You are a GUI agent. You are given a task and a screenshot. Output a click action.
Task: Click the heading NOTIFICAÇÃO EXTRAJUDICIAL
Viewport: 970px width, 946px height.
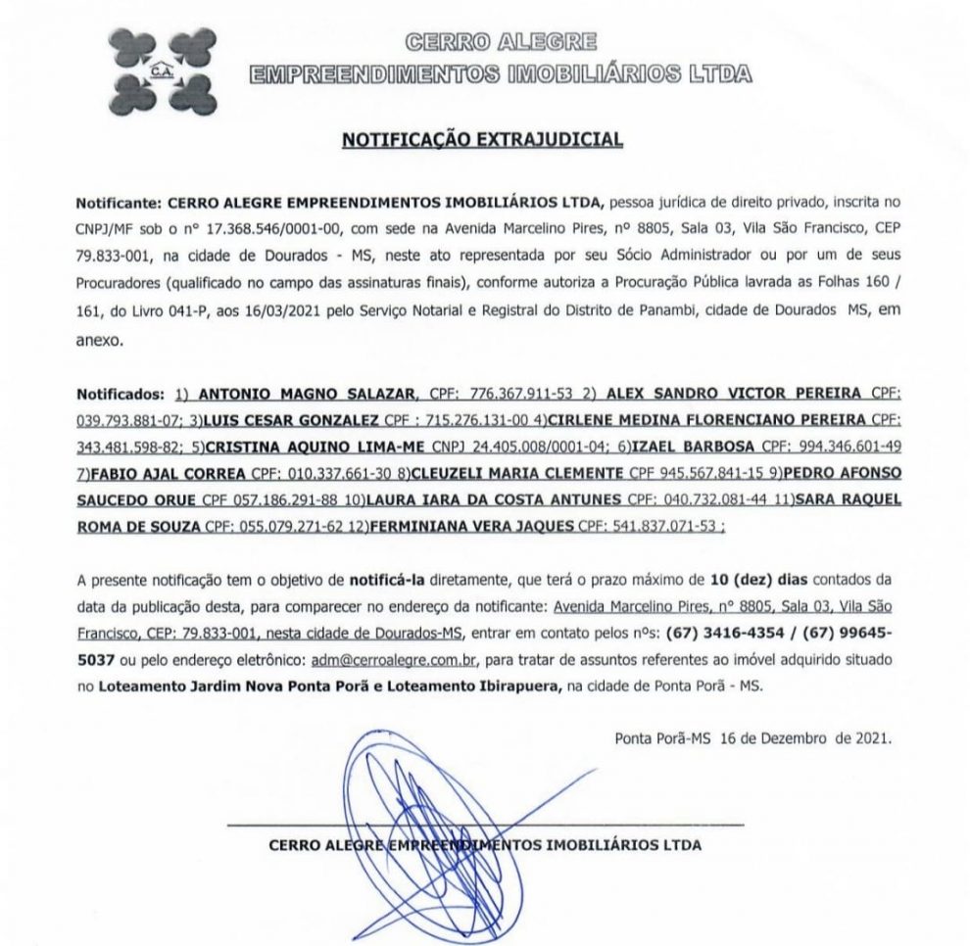(x=482, y=140)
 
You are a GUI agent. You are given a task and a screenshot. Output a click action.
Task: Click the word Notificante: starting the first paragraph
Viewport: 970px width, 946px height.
(x=119, y=201)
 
